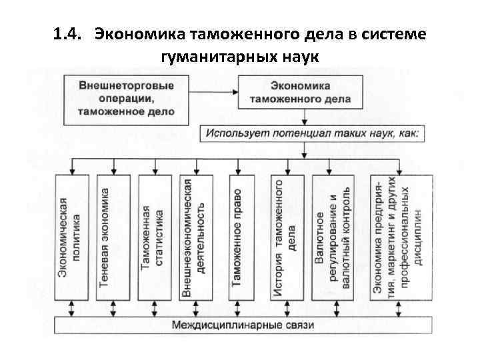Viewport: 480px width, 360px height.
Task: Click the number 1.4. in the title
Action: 68,33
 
